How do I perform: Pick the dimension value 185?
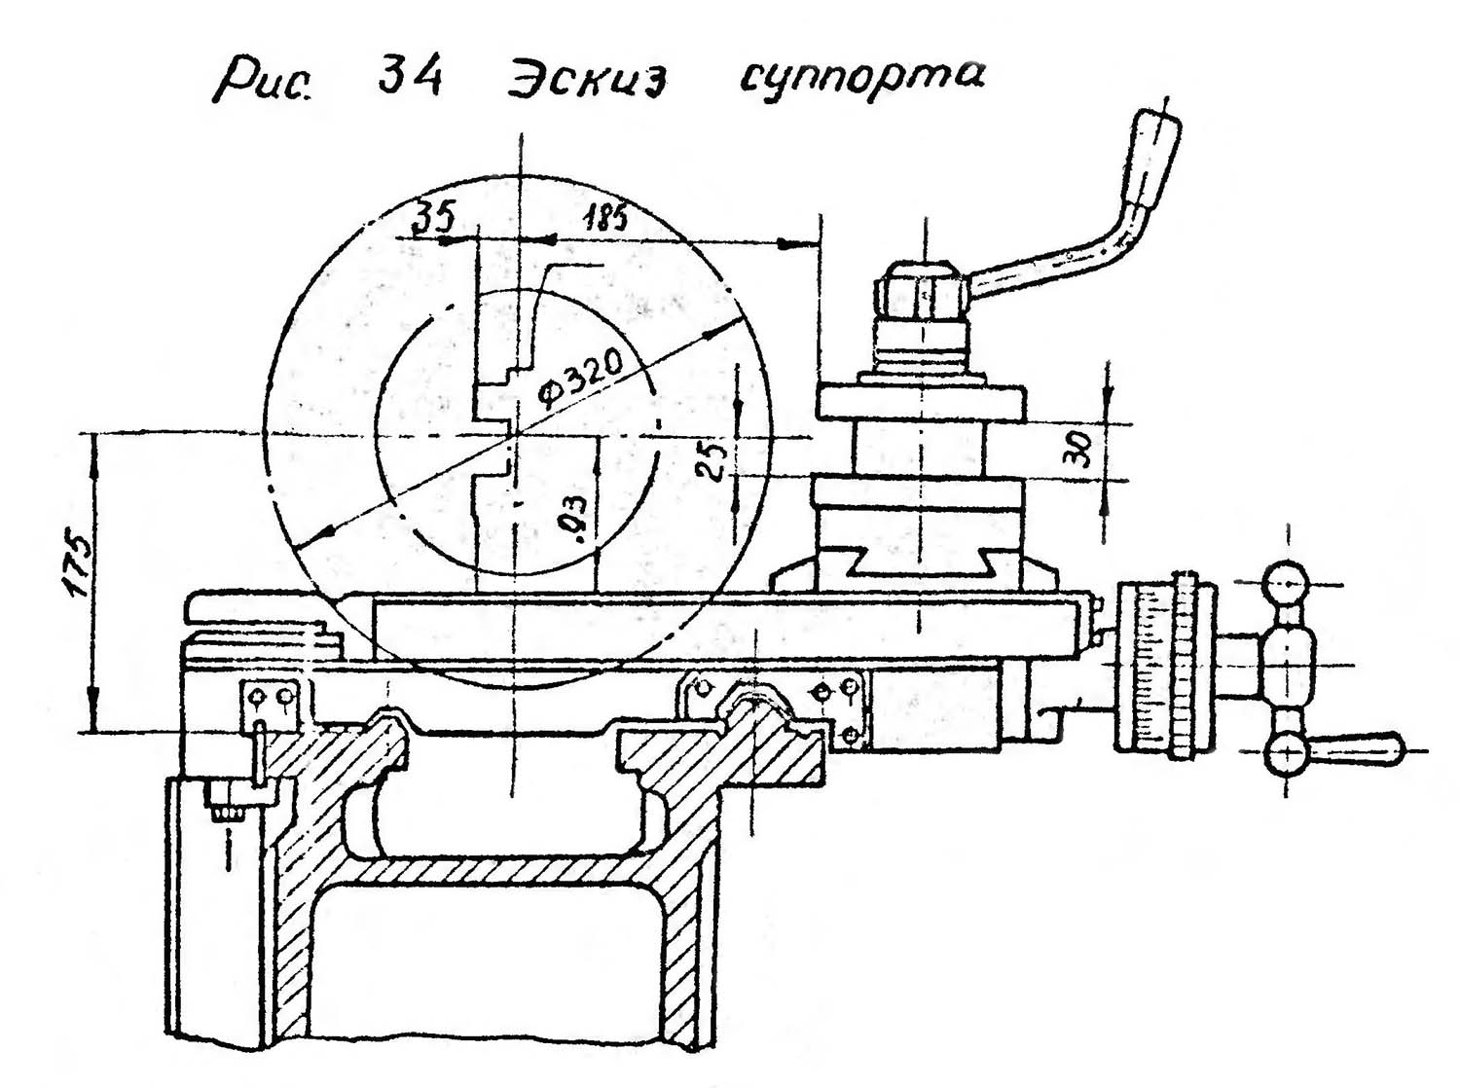[604, 218]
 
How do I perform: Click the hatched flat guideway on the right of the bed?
[725, 760]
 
